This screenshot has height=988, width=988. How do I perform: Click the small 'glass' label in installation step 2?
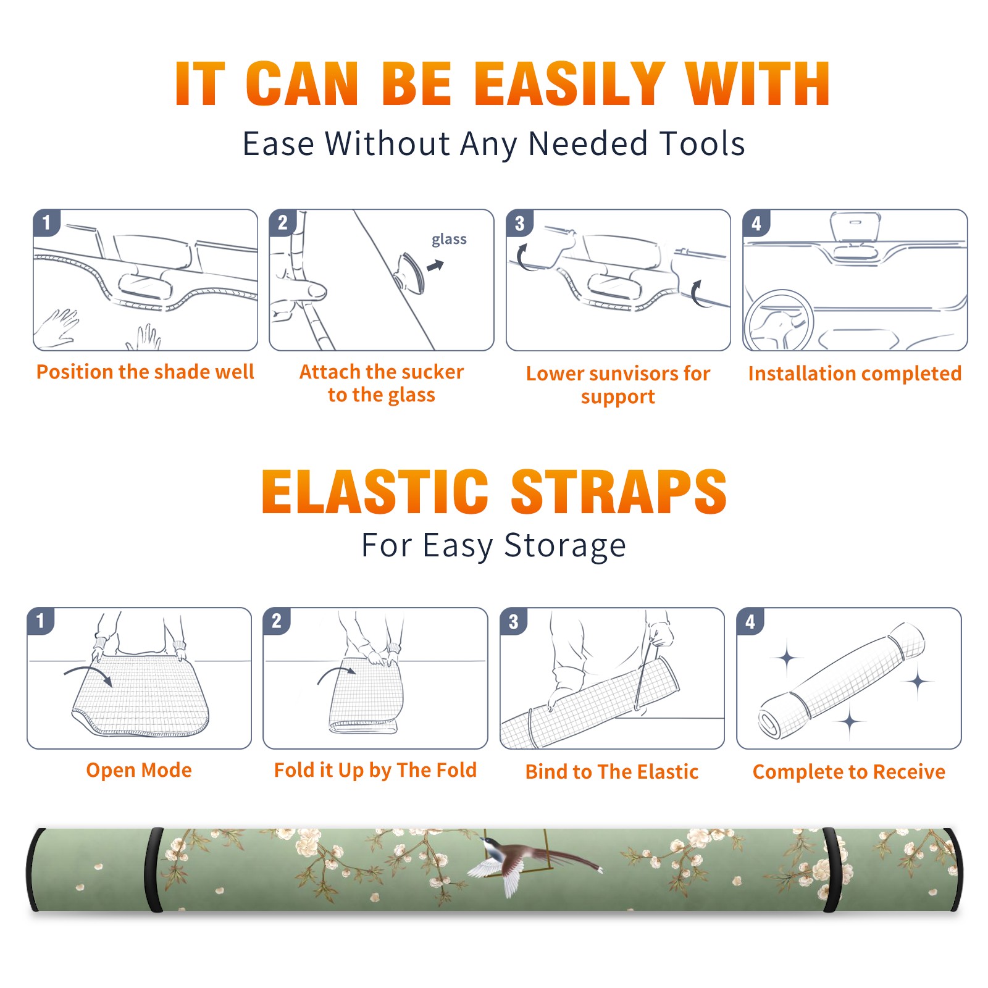[x=449, y=240]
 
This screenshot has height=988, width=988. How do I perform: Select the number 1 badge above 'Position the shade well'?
[x=47, y=222]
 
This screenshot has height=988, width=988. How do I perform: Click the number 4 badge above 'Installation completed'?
[x=756, y=223]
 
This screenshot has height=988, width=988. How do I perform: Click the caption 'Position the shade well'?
[x=145, y=372]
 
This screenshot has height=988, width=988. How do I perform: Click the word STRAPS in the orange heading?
[x=619, y=492]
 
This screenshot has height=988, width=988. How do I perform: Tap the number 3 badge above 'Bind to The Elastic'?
[x=514, y=621]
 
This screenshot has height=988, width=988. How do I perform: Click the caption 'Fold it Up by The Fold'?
[x=375, y=770]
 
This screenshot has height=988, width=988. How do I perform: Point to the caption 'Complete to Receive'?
[x=849, y=772]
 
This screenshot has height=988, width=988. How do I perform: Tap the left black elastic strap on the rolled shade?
[x=154, y=870]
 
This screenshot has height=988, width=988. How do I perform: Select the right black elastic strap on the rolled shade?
[x=832, y=870]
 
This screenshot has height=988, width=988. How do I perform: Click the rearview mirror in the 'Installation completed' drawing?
[x=855, y=227]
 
